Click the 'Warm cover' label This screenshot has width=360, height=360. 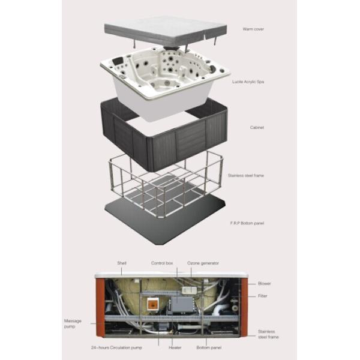point(253,29)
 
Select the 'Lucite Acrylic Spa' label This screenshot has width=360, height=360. point(248,82)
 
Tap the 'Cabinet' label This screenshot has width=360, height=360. point(257,127)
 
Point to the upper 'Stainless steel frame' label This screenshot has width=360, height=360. point(246,175)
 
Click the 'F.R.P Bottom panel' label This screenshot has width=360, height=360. point(247,223)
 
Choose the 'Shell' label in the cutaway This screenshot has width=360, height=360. point(122,263)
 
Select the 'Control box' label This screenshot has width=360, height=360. point(162,263)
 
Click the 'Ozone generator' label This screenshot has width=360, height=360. point(203,263)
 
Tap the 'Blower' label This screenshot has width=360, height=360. point(265,284)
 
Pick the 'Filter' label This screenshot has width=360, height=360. point(263,296)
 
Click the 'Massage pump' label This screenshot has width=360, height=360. point(73,323)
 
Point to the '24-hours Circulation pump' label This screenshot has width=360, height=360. point(116,347)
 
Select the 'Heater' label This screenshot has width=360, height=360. point(175,347)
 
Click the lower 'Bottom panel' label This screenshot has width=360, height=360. point(209,347)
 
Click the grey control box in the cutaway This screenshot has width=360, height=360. point(182,304)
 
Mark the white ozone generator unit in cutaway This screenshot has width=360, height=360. point(190,290)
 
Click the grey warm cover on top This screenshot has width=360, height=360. point(166,31)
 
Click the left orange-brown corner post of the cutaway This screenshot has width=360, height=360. point(100,308)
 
